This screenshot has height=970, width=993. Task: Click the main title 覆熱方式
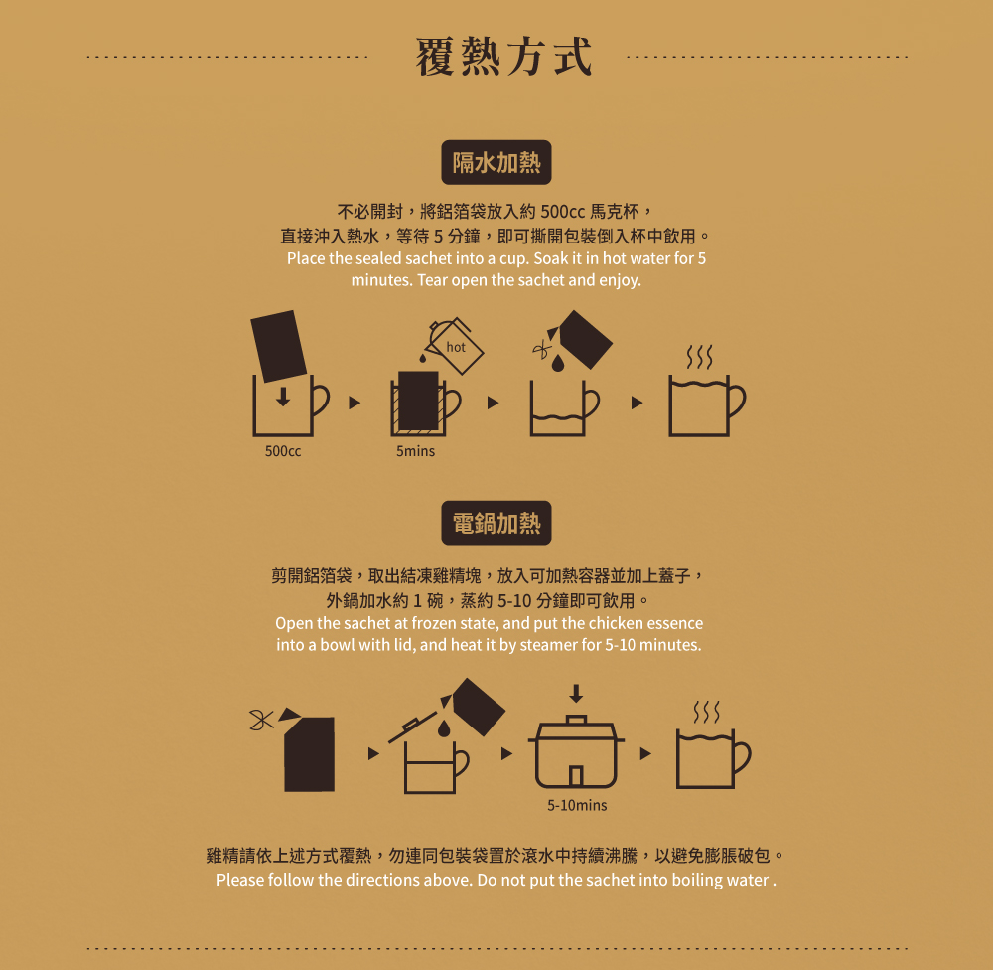(504, 57)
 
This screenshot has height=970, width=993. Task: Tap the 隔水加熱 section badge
(496, 162)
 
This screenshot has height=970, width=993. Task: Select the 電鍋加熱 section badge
(496, 523)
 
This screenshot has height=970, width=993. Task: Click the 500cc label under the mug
(283, 451)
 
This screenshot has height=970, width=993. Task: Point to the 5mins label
(415, 451)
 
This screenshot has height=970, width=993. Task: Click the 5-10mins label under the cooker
(577, 805)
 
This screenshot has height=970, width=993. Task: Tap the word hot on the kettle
(456, 347)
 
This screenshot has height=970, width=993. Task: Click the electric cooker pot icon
(576, 752)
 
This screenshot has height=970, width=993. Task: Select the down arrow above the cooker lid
(576, 693)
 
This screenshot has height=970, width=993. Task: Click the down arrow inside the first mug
(283, 397)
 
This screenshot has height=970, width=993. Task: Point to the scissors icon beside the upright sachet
(261, 720)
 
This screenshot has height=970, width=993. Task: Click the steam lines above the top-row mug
(700, 357)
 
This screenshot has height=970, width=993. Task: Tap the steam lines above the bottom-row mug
(707, 712)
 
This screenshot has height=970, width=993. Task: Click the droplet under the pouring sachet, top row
(558, 363)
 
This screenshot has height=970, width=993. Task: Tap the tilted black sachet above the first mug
(279, 346)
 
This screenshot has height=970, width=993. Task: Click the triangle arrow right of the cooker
(645, 753)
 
